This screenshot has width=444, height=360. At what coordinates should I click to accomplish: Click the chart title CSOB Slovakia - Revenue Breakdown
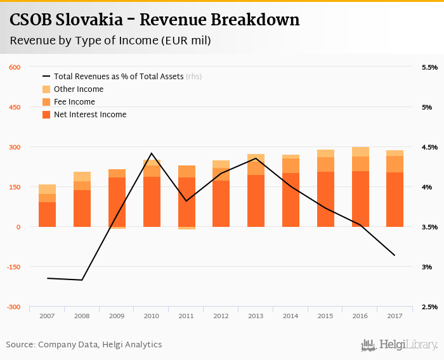click(x=154, y=20)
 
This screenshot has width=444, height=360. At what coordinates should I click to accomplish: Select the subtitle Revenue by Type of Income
click(x=110, y=41)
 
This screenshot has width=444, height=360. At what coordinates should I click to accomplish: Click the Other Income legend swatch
click(x=46, y=89)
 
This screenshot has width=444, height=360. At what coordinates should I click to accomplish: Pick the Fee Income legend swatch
click(x=46, y=102)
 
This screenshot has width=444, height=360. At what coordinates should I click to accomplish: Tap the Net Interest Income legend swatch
click(x=46, y=115)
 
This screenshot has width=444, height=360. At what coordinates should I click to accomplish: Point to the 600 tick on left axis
click(x=15, y=67)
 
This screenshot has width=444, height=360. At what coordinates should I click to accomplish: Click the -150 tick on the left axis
click(x=14, y=267)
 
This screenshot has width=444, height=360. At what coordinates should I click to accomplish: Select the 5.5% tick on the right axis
click(x=429, y=67)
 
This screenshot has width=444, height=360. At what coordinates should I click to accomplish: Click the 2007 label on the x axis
click(x=48, y=315)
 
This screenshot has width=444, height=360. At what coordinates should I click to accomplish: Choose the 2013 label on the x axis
click(x=256, y=315)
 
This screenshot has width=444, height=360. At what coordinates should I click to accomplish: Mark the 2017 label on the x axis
click(x=395, y=315)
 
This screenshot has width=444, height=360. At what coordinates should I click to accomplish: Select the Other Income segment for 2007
click(x=48, y=189)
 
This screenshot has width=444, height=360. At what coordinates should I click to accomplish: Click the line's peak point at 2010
click(x=152, y=153)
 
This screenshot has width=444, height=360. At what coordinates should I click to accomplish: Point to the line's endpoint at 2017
click(x=395, y=255)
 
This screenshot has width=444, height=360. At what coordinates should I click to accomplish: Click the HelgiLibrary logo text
click(x=408, y=345)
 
